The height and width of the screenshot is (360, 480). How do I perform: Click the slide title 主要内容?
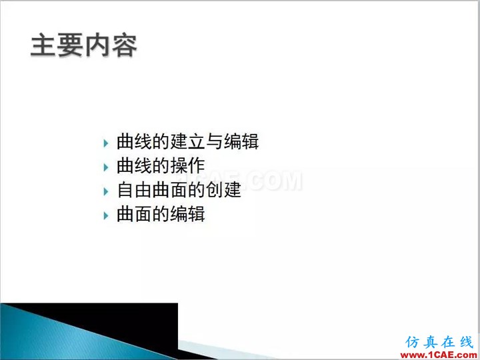[x=83, y=45]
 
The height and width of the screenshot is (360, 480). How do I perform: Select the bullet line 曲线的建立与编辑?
[x=187, y=141]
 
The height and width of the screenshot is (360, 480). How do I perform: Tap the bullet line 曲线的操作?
[x=161, y=165]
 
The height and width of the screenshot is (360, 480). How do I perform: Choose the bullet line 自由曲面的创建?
[x=179, y=190]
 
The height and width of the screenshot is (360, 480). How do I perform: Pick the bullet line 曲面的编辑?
[x=161, y=214]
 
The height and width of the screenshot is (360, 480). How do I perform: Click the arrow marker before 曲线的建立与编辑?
[x=106, y=143]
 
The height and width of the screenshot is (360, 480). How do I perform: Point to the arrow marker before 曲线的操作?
[x=106, y=167]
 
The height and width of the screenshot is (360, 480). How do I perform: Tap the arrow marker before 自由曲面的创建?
[x=106, y=191]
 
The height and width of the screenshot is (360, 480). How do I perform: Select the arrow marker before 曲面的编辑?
[x=106, y=216]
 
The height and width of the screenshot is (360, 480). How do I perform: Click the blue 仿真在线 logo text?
[x=439, y=342]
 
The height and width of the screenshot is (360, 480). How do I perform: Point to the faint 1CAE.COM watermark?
[x=242, y=181]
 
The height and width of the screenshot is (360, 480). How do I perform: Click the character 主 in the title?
[x=43, y=45]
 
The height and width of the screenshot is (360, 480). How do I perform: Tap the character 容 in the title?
[x=124, y=45]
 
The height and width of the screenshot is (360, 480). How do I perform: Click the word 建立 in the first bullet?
[x=187, y=141]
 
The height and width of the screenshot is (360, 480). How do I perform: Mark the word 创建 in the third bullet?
[x=223, y=190]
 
